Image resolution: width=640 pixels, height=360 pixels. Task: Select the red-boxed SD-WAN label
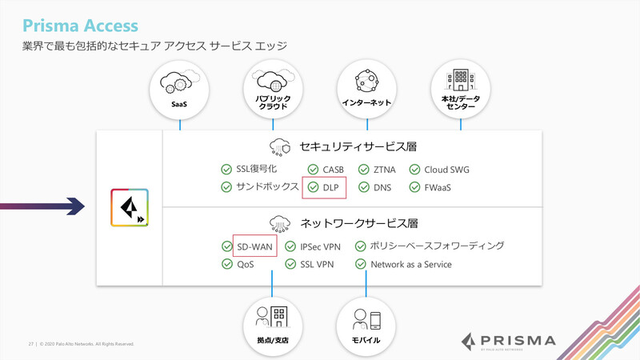pyautogui.click(x=254, y=246)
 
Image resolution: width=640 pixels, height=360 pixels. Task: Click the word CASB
pyautogui.click(x=334, y=170)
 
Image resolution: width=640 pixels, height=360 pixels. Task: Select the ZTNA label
pyautogui.click(x=384, y=170)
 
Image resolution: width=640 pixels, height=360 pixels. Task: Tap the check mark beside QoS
pyautogui.click(x=226, y=264)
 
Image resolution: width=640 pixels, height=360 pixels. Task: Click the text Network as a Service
pyautogui.click(x=410, y=264)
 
